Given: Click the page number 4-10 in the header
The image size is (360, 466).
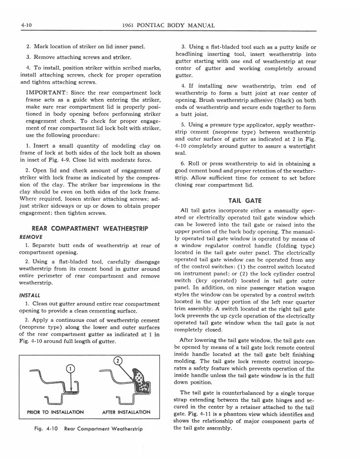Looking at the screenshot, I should [x=25, y=26].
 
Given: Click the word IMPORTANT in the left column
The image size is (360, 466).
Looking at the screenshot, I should [x=49, y=92].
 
